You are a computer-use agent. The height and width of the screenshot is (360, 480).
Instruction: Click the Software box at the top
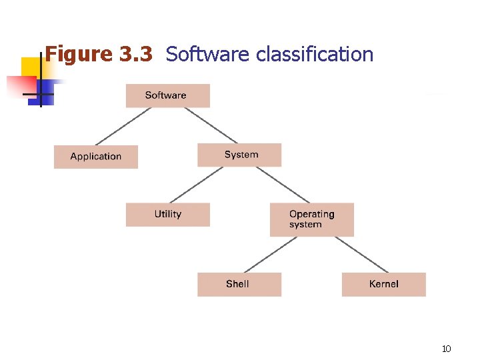(167, 95)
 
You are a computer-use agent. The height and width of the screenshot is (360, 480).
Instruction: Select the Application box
(96, 157)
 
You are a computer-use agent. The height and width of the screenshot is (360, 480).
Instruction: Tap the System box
(239, 155)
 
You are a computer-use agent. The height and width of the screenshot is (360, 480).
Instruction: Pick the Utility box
(167, 215)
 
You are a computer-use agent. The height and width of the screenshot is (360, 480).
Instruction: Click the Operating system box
(311, 219)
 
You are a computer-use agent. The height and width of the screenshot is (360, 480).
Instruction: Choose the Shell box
(239, 284)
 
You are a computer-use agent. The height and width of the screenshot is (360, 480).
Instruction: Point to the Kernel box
(383, 284)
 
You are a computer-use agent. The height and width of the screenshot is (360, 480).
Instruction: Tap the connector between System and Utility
(197, 185)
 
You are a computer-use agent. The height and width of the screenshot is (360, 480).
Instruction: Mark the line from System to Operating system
(283, 185)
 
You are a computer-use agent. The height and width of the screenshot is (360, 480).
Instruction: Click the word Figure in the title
(79, 54)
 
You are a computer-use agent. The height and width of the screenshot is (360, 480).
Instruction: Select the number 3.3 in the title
(137, 54)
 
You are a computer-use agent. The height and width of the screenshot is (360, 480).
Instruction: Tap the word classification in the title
(315, 54)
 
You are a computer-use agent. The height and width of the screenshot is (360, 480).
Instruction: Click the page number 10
(447, 349)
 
